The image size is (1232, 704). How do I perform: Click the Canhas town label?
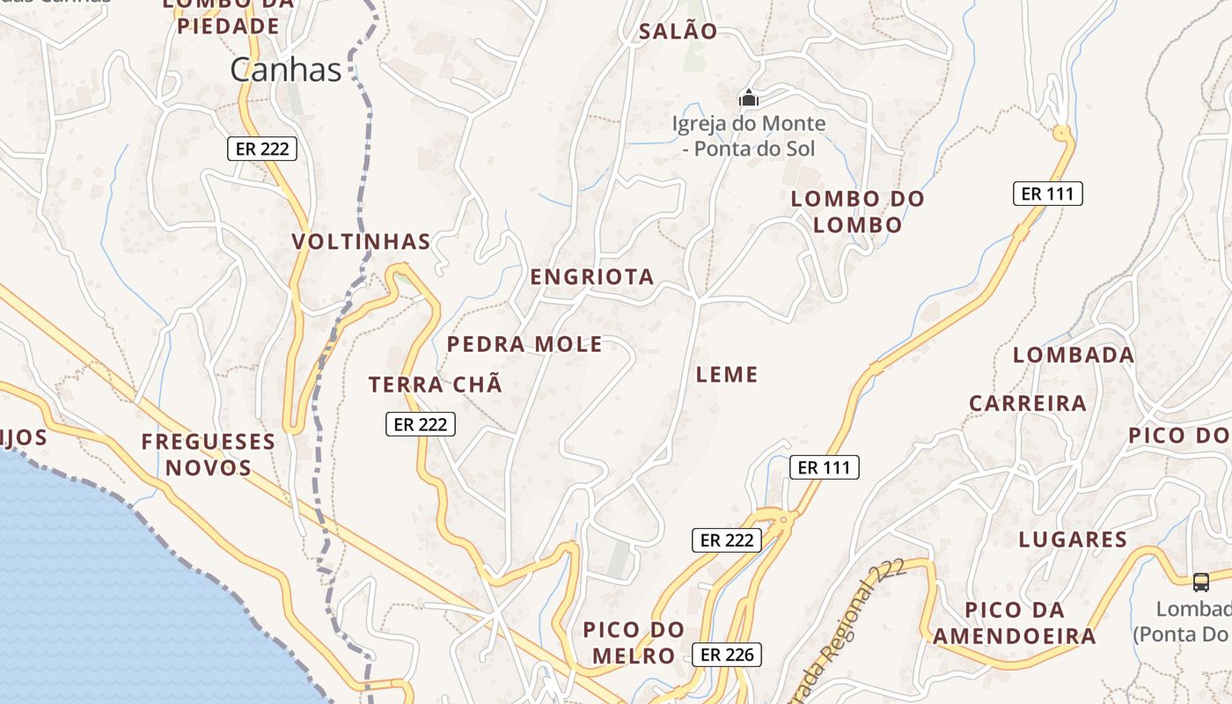285,70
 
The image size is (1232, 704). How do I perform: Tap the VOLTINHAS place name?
361,242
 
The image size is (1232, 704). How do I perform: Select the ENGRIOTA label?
592,277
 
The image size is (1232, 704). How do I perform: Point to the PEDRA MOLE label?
524,344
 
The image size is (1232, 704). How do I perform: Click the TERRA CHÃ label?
436,385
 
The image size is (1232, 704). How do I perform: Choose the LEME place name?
727,375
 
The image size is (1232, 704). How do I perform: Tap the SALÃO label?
678,32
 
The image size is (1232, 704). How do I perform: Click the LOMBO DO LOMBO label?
857,211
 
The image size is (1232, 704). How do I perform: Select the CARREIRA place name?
1028,404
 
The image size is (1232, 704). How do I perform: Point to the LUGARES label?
1073,539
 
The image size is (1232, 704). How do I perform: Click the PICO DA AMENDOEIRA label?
1015,623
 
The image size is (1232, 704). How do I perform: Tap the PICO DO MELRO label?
634,642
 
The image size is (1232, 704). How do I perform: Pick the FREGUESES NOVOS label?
209,454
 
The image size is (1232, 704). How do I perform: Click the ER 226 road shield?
726,655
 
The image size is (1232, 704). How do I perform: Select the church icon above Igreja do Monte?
749,98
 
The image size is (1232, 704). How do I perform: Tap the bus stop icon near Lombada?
1200,582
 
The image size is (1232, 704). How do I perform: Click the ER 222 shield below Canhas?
262,149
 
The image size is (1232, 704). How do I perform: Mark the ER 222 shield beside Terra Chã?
421,424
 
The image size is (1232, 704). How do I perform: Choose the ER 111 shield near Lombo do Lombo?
1047,194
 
